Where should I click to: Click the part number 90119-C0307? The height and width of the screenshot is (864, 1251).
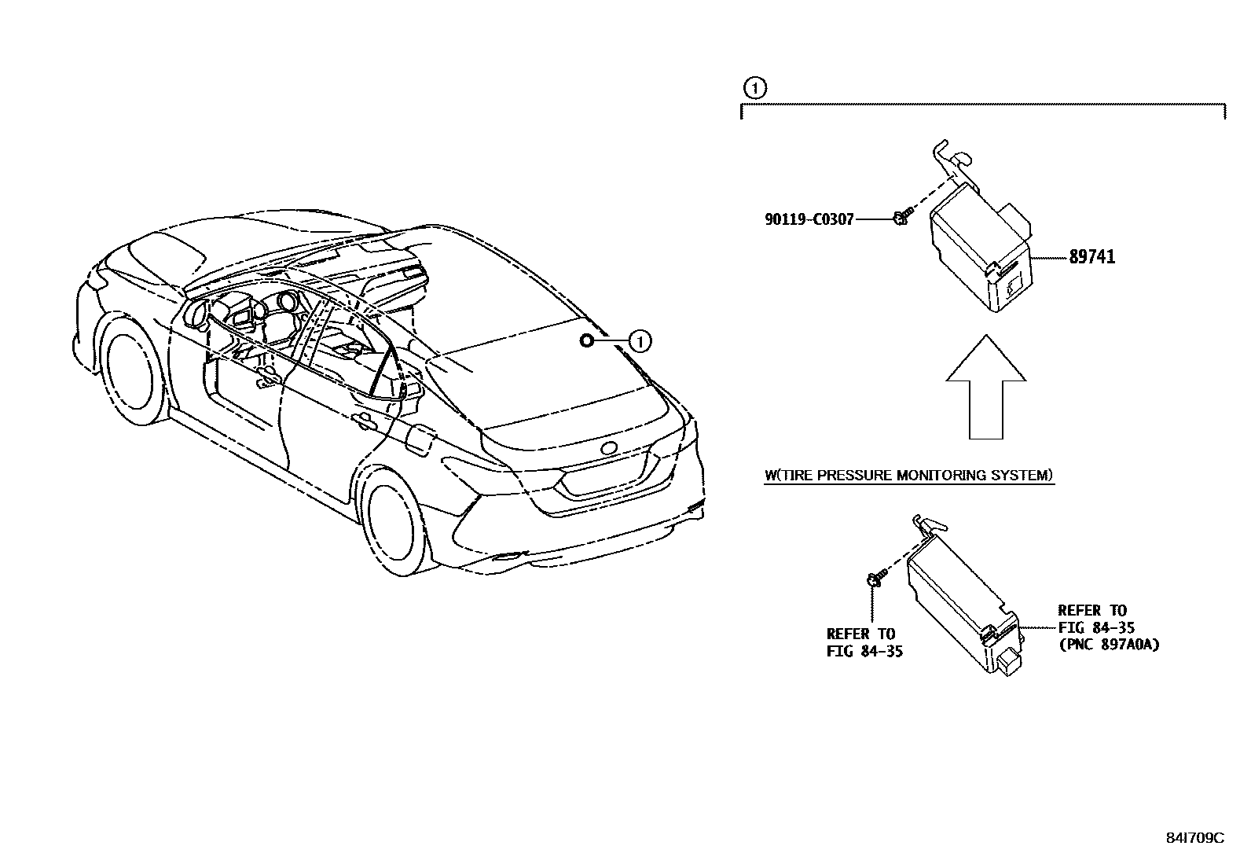809,220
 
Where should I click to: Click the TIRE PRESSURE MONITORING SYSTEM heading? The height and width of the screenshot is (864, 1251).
908,475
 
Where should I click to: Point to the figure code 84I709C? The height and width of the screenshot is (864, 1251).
1194,838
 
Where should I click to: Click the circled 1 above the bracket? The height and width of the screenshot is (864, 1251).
754,88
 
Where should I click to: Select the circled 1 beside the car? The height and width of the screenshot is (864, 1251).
640,341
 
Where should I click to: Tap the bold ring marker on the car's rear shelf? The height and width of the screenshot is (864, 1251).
586,340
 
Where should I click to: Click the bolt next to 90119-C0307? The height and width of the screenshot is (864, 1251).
901,217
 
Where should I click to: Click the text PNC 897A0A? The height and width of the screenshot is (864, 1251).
1109,645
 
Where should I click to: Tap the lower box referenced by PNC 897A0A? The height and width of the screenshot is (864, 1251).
963,605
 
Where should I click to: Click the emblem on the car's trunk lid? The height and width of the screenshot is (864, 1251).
610,448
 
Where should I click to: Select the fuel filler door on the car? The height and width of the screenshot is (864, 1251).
419,440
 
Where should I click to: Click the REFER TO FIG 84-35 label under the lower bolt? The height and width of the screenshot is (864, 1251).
864,642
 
